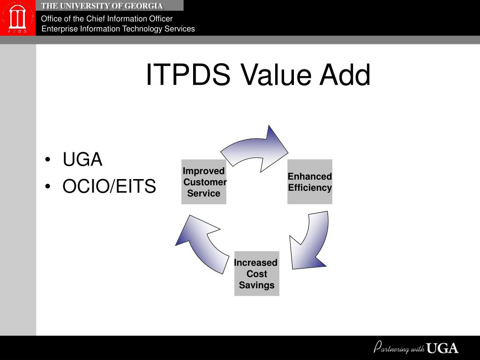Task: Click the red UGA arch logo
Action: (17, 18)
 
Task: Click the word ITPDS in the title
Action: (188, 75)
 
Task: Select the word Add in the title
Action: (345, 75)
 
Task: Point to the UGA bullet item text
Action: (82, 160)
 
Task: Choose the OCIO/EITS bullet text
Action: (109, 187)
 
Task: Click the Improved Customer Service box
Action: (204, 182)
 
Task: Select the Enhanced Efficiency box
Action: (310, 182)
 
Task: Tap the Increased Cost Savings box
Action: (256, 274)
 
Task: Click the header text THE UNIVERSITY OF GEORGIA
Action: (102, 6)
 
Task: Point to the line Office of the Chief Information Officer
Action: (107, 19)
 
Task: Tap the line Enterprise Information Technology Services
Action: (118, 29)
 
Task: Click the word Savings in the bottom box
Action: (256, 285)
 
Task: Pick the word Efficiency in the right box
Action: (310, 188)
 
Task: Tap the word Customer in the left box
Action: (205, 182)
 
